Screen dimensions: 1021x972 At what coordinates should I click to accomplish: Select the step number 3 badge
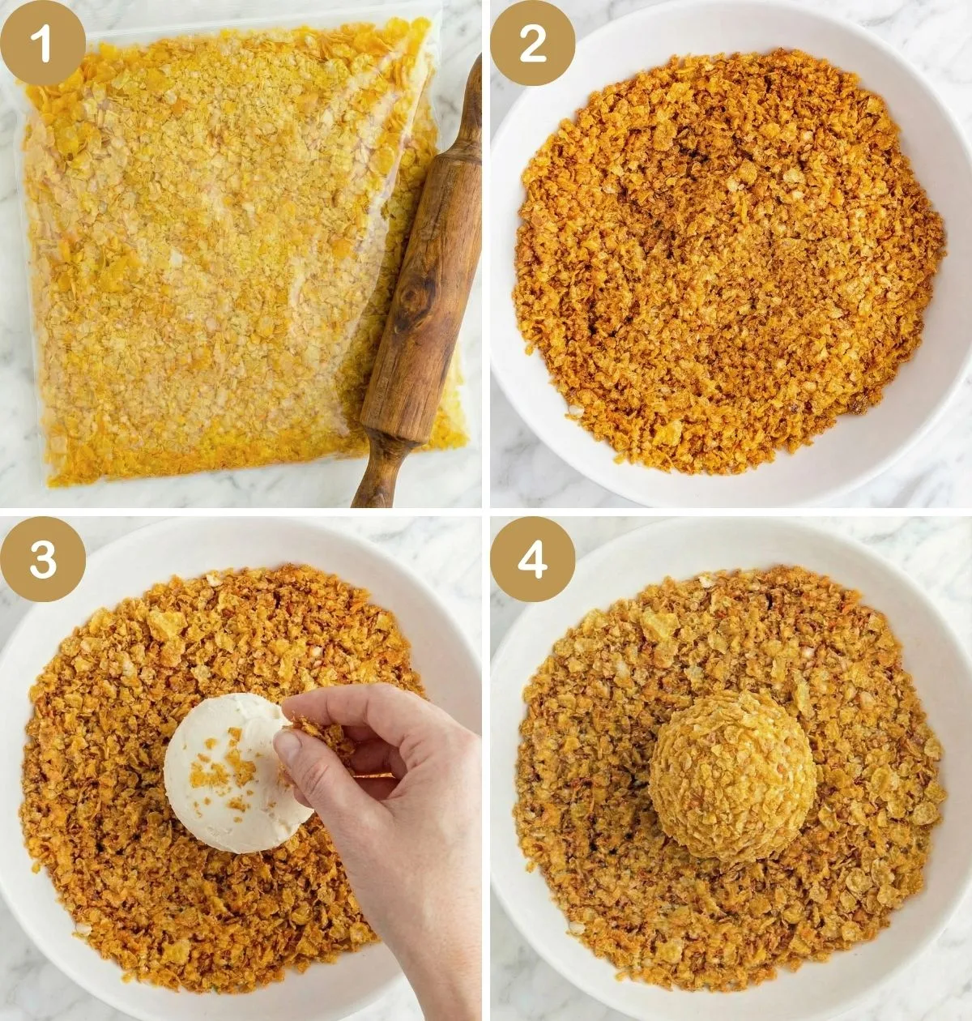tap(43, 559)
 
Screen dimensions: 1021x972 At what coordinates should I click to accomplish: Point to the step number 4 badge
tap(533, 559)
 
